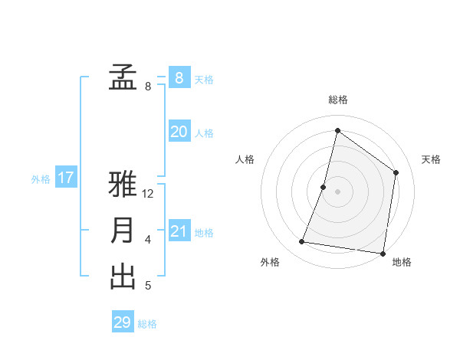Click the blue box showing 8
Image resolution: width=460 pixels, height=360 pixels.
(x=179, y=77)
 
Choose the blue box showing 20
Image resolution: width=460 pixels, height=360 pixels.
(x=179, y=132)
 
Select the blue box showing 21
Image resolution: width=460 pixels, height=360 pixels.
(x=179, y=231)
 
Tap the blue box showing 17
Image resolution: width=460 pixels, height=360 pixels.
(x=66, y=178)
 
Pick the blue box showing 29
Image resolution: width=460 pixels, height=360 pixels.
(x=123, y=322)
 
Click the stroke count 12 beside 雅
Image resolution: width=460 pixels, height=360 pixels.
(x=149, y=194)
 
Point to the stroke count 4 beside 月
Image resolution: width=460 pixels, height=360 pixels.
(x=148, y=240)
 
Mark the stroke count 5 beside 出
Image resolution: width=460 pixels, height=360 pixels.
(x=148, y=286)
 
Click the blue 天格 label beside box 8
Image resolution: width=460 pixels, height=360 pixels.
(x=204, y=80)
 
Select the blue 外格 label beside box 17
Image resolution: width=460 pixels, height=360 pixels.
(x=41, y=179)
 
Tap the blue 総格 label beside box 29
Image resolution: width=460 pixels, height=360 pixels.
(x=147, y=324)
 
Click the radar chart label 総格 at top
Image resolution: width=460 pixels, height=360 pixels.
(x=337, y=100)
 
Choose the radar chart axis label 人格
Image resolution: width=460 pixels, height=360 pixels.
(x=245, y=159)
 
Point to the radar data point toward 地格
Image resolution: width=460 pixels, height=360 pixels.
(x=382, y=253)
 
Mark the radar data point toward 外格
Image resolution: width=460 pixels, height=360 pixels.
(x=302, y=242)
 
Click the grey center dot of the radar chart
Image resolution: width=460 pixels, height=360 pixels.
(x=337, y=191)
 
